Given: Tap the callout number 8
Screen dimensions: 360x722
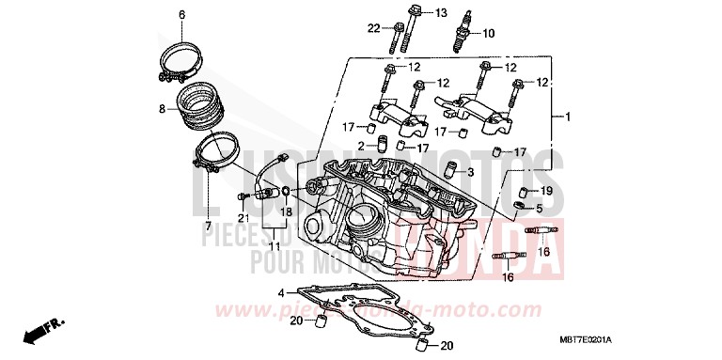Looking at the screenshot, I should [x=163, y=109].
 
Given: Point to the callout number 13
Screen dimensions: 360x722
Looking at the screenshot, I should [x=442, y=12].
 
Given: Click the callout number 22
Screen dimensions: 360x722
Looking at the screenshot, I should [x=373, y=28].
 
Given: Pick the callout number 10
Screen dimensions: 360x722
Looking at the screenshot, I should [x=488, y=33].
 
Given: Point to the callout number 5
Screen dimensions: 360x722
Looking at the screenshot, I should [x=539, y=208].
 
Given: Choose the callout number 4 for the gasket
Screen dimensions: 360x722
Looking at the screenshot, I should [x=280, y=292].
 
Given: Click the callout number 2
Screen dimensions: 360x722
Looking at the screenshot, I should [x=360, y=146].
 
